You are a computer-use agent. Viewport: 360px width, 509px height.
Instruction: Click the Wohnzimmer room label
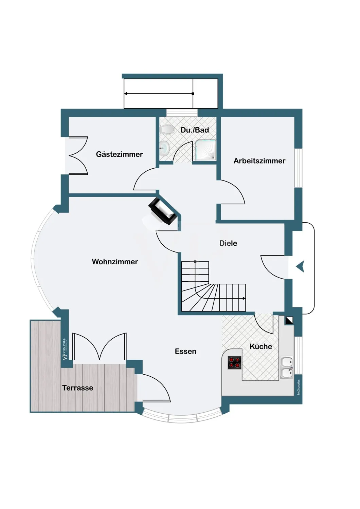point(115,262)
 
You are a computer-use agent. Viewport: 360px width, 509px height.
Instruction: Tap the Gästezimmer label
point(119,154)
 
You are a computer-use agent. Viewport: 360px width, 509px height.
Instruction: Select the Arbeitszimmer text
point(259,161)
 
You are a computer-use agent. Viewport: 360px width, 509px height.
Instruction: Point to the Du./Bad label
point(195,130)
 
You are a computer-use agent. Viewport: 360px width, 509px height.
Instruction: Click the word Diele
point(228,243)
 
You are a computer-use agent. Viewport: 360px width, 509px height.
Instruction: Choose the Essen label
point(185,352)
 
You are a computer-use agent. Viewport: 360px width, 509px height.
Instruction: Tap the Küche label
point(261,346)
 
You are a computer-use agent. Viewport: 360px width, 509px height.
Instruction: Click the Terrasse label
point(77,388)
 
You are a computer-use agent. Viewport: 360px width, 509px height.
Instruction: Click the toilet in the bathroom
point(167,129)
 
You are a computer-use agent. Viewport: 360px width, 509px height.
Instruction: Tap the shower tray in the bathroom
point(205,150)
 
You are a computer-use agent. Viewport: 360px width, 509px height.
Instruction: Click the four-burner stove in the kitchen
point(234,363)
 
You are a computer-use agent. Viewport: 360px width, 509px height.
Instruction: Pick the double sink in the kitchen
point(287,367)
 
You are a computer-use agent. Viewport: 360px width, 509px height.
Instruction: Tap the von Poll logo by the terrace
point(65,349)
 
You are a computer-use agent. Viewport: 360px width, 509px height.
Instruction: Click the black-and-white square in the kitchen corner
point(289,320)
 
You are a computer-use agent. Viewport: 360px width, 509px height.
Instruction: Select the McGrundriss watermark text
point(299,387)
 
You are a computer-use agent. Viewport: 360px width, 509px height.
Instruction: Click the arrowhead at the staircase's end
point(245,298)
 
